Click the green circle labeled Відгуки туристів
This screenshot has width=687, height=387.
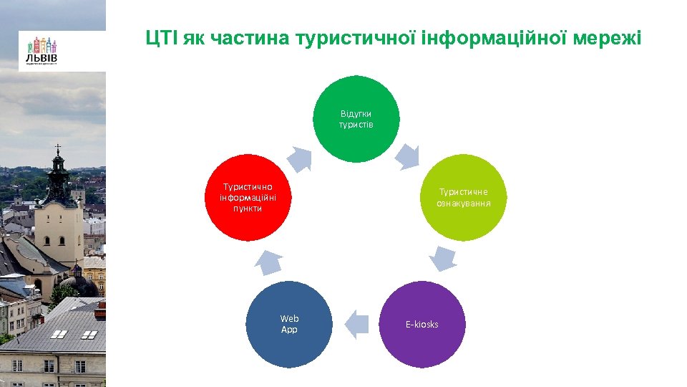356,119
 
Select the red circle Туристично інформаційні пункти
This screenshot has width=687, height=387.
248,197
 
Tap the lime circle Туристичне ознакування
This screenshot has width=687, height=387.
464,197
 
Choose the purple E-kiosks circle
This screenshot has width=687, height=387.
422,324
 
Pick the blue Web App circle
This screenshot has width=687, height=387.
289,324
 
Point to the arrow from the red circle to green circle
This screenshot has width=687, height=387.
301,159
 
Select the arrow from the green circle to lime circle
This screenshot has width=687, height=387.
408,156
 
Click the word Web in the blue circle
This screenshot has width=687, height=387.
289,318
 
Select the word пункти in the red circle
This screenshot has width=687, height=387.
248,209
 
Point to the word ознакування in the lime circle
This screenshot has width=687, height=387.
464,204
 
